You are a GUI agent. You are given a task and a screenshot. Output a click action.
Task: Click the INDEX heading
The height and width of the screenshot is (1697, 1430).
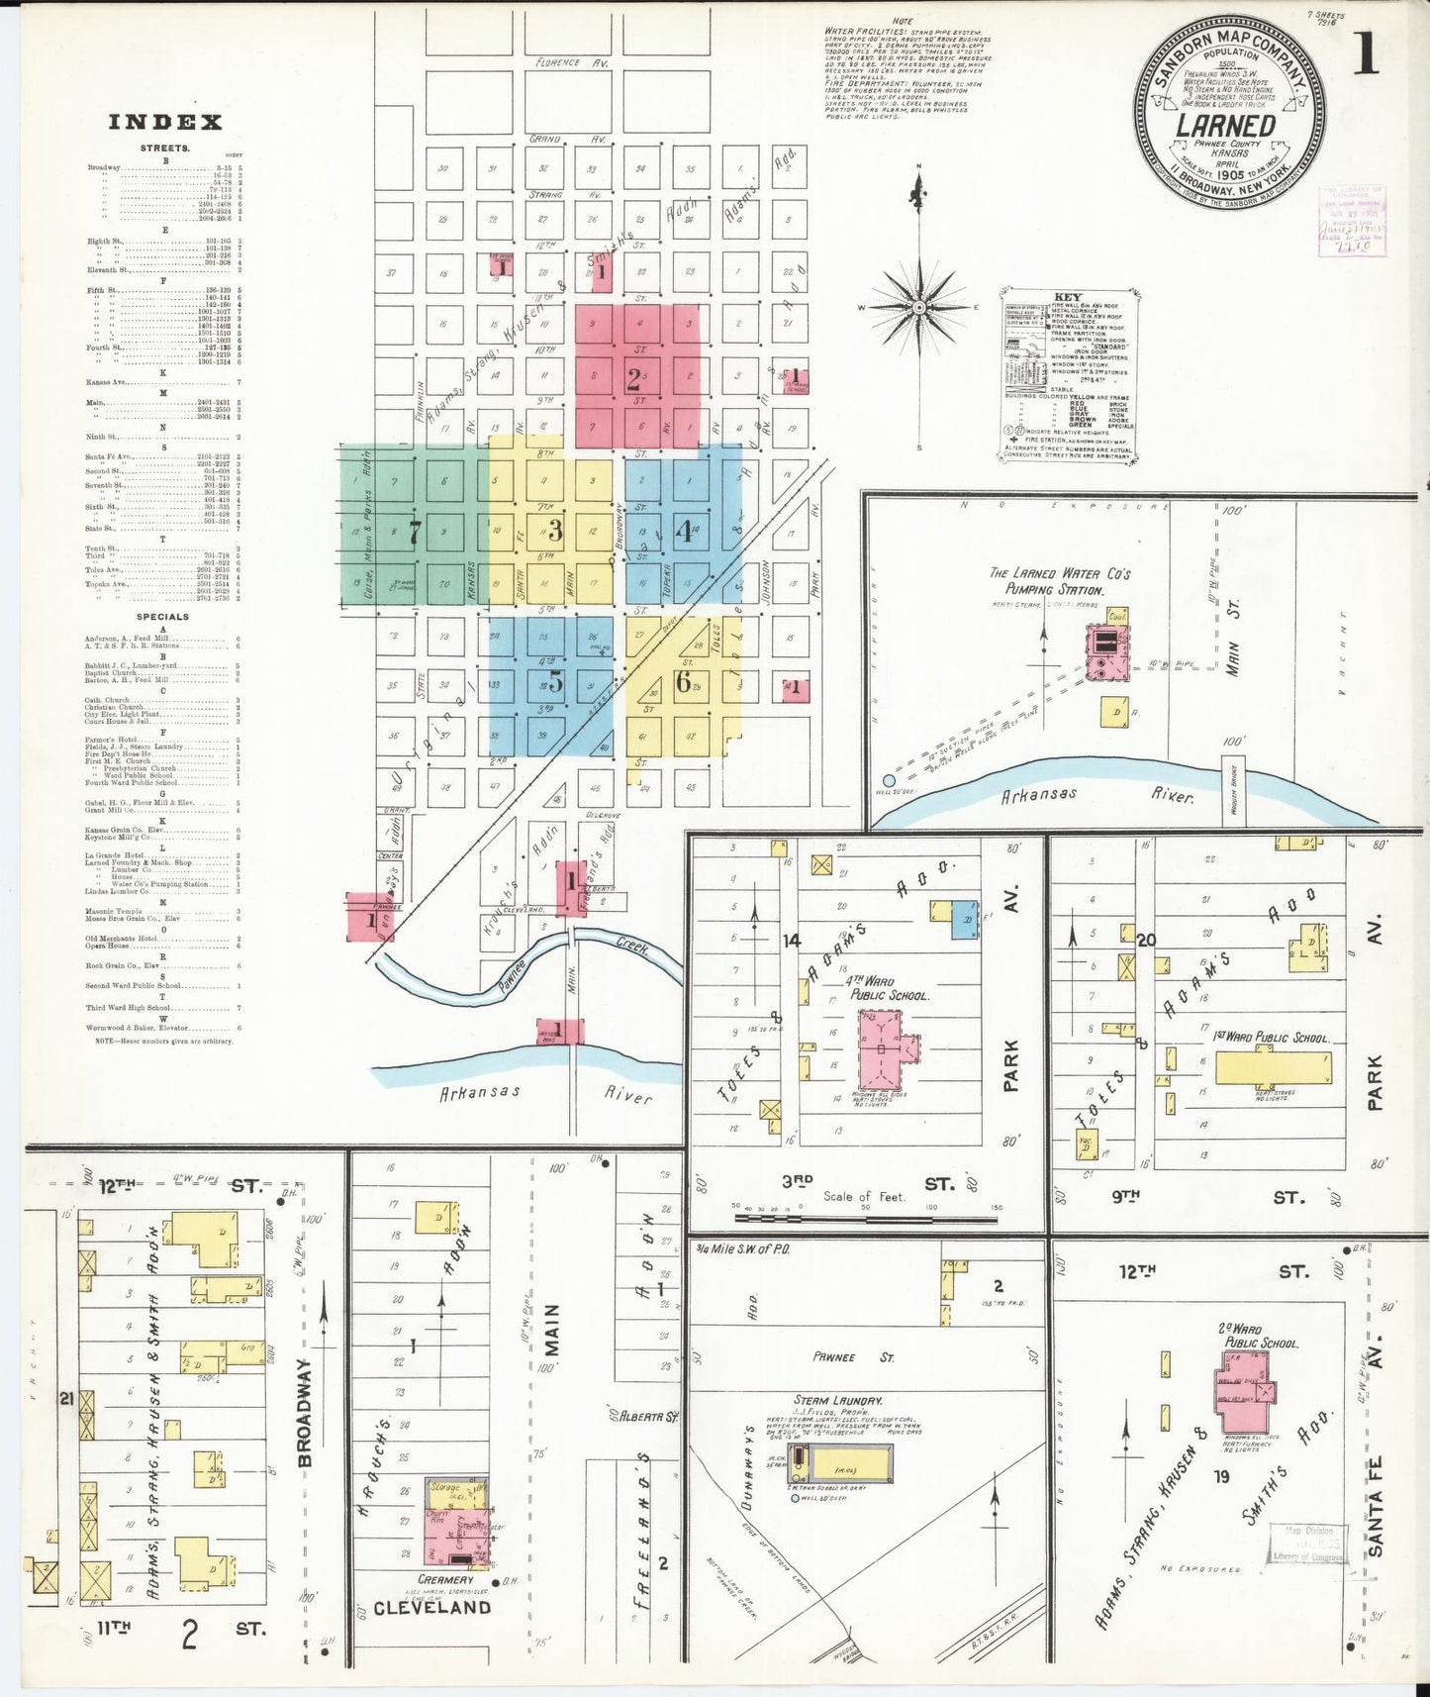pyautogui.click(x=165, y=123)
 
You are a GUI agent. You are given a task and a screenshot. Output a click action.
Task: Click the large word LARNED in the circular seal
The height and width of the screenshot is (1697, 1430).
pyautogui.click(x=1225, y=126)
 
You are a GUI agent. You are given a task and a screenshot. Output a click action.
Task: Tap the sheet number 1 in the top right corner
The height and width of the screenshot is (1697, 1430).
pyautogui.click(x=1366, y=55)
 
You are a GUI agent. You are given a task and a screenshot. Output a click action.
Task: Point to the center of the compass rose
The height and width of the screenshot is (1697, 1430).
pyautogui.click(x=919, y=308)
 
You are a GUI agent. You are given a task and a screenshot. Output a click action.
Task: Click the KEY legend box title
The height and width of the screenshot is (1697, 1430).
pyautogui.click(x=1068, y=297)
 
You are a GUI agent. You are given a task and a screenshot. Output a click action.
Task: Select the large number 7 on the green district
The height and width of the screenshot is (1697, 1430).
pyautogui.click(x=415, y=532)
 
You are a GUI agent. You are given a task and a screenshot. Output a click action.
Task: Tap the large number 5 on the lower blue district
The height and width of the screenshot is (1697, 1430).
pyautogui.click(x=555, y=681)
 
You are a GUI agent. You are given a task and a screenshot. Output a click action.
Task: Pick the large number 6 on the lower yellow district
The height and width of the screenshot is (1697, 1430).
pyautogui.click(x=683, y=681)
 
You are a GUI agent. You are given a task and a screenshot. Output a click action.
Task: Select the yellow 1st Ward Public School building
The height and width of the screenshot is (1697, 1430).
pyautogui.click(x=1273, y=1068)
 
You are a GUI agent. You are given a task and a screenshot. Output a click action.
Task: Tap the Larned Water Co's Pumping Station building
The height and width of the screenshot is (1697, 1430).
pyautogui.click(x=1107, y=652)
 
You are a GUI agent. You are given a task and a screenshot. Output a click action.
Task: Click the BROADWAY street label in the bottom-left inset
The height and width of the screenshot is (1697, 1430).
pyautogui.click(x=305, y=1412)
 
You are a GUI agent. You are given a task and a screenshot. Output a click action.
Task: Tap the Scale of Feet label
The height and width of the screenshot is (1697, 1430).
pyautogui.click(x=864, y=1196)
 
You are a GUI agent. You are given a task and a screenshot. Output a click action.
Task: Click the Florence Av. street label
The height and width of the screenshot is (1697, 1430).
pyautogui.click(x=571, y=62)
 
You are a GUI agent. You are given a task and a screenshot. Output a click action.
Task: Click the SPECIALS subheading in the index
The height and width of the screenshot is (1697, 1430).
pyautogui.click(x=162, y=617)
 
